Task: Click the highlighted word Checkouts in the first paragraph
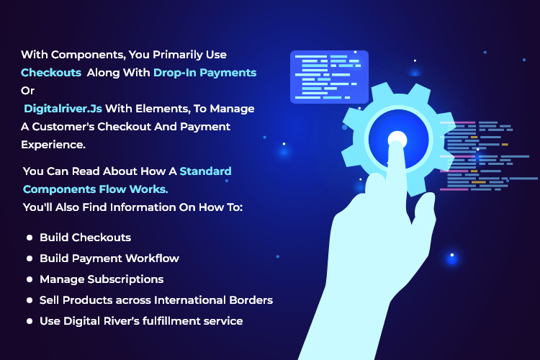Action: click(x=51, y=73)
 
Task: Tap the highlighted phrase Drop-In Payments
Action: click(x=205, y=73)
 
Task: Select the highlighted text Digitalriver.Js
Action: click(x=63, y=109)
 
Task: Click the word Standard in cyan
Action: click(x=206, y=171)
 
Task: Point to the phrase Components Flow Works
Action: click(x=95, y=189)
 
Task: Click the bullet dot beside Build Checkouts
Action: click(x=30, y=238)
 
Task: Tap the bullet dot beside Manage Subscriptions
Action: click(x=30, y=279)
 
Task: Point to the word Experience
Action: click(x=53, y=145)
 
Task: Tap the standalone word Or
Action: click(x=27, y=91)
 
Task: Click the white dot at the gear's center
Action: click(x=397, y=139)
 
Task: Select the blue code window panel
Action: click(x=329, y=77)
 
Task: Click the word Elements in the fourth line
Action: click(x=163, y=109)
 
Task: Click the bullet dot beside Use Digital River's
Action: click(x=30, y=321)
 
